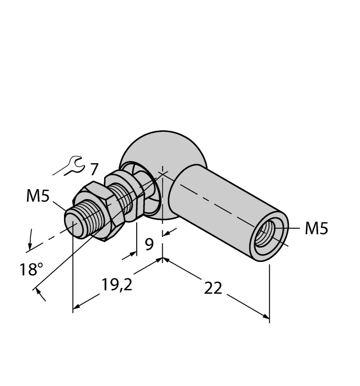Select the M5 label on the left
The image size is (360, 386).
point(37,196)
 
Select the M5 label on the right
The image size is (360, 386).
point(316,228)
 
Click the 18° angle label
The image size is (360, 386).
point(31,269)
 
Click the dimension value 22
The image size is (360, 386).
point(212,288)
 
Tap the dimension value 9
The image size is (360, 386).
point(149,244)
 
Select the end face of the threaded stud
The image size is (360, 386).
point(73,223)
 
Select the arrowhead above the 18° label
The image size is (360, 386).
point(29,244)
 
